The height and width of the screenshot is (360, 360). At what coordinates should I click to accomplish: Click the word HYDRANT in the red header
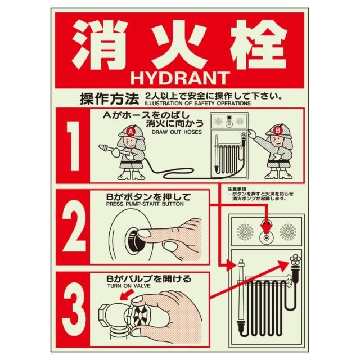coord(180,78)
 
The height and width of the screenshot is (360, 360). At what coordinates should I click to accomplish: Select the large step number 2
coord(74,226)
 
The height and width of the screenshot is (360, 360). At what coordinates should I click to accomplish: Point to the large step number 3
coord(74,309)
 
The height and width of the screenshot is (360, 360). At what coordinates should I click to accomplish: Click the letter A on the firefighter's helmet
coord(130,132)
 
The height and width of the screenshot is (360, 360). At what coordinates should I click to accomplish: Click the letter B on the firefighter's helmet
coord(278,130)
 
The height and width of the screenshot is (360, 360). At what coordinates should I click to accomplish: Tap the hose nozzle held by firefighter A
coord(107,149)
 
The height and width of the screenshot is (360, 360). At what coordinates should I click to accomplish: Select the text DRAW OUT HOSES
coord(177,132)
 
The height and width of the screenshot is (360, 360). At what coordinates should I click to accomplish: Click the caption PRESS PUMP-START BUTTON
coord(145,204)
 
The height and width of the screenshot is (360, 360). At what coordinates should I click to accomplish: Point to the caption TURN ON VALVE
coord(129,286)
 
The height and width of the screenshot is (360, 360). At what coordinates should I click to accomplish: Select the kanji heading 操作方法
coord(109,99)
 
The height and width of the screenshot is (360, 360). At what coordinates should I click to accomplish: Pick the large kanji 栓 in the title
coord(259,44)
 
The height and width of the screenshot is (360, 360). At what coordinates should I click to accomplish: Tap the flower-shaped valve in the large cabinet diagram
coord(295,260)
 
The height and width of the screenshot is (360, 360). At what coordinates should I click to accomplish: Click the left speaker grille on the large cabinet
coord(245,232)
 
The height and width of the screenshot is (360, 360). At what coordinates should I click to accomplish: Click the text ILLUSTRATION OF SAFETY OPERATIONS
coord(198,103)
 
